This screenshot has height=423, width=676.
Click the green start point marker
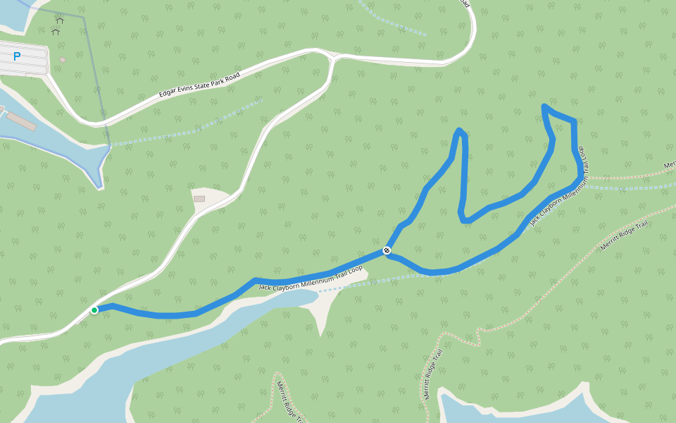point(94,310)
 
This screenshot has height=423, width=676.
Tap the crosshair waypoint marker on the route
point(387,250)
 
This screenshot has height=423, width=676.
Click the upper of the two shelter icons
point(59,20)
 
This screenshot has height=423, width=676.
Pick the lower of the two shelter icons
point(56,31)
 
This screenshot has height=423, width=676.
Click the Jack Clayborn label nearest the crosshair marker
point(311,277)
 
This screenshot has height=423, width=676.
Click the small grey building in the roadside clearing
point(199,199)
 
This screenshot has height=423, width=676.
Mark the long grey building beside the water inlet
point(20,121)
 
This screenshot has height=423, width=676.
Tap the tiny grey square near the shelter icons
point(63,60)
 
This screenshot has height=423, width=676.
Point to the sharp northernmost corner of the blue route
point(544,106)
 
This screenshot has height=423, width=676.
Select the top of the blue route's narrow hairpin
point(459,130)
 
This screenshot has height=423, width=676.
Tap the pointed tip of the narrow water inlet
point(99,187)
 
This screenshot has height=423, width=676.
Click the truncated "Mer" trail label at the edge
point(670,165)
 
